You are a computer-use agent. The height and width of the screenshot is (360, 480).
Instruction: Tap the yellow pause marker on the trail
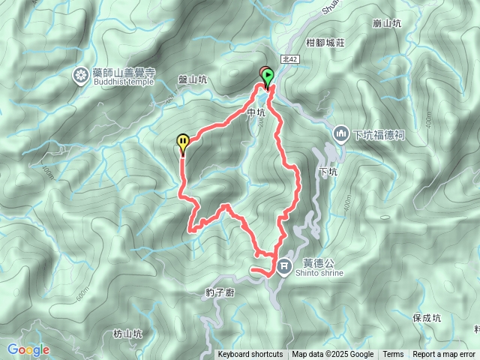pos(183,141)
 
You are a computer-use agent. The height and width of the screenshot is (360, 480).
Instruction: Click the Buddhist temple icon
pos(80,75)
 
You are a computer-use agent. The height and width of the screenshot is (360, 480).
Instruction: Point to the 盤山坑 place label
pos(192,79)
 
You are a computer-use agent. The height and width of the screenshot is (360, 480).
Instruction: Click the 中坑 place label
pos(256,113)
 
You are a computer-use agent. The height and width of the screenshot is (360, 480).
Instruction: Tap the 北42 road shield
pos(291,57)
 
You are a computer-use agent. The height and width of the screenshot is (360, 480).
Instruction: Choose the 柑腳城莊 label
pos(325,44)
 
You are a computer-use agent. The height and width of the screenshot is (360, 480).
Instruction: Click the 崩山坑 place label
pos(387,24)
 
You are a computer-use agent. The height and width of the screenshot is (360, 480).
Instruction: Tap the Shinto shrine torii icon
pos(284,266)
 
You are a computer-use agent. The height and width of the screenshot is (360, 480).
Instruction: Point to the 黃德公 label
pos(312,262)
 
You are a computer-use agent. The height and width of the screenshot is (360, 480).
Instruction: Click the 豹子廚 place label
pos(220,292)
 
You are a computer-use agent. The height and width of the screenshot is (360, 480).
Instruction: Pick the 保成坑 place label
pos(427,318)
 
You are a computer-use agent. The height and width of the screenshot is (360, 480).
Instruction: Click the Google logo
pos(28,349)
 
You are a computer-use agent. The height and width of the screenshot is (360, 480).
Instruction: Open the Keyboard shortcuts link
pos(250,355)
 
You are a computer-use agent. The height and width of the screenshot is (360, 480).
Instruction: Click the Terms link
pos(393,355)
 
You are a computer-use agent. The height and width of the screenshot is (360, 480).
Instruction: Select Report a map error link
pos(444,355)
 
